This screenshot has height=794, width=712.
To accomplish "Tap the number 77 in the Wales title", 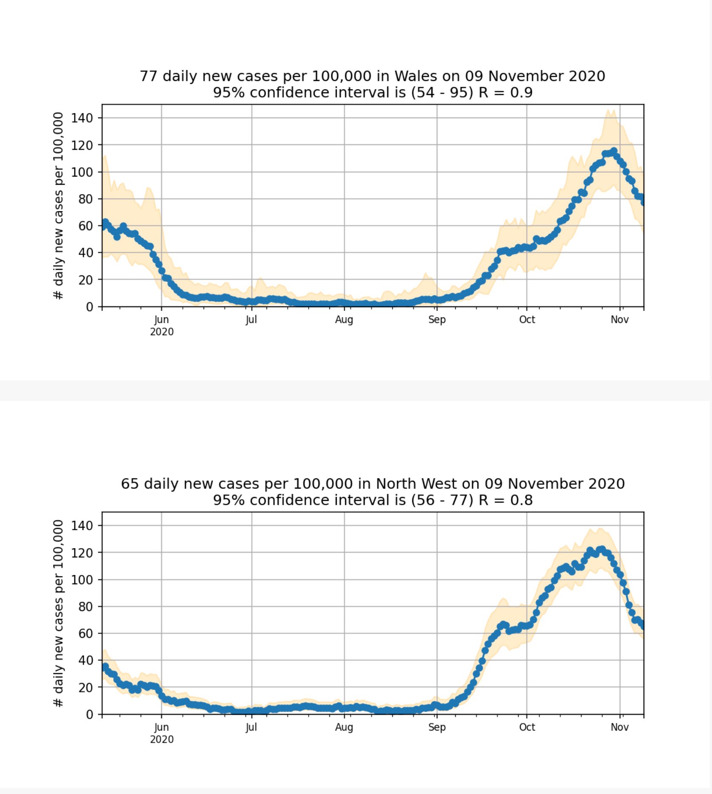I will click(x=148, y=76).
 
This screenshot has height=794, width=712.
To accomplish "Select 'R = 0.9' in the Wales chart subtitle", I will click(x=505, y=92).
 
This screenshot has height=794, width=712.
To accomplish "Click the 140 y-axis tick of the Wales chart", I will click(x=82, y=118).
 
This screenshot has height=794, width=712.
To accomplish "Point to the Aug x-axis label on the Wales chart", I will click(x=344, y=320).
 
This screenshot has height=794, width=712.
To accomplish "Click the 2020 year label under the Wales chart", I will click(x=162, y=332).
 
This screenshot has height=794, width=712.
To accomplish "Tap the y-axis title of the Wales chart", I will click(x=58, y=206).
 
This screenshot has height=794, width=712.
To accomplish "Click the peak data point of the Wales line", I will click(x=613, y=151).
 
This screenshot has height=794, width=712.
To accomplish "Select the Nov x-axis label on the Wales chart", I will click(x=619, y=320).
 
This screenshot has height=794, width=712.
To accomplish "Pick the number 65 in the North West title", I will click(x=130, y=484).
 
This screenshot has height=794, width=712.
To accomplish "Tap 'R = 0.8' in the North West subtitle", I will click(x=505, y=500).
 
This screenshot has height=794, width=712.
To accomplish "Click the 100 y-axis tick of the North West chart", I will click(x=82, y=580).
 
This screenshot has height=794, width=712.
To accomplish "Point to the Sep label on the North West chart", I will click(x=437, y=727).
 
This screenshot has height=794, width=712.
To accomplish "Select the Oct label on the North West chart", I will click(x=527, y=727).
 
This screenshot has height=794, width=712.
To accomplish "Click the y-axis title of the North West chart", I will click(x=58, y=613).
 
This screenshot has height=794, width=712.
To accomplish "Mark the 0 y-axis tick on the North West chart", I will click(x=89, y=714).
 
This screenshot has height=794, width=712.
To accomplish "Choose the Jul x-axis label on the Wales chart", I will click(x=251, y=320).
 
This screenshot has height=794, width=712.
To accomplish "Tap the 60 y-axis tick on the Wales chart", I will click(x=85, y=226).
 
